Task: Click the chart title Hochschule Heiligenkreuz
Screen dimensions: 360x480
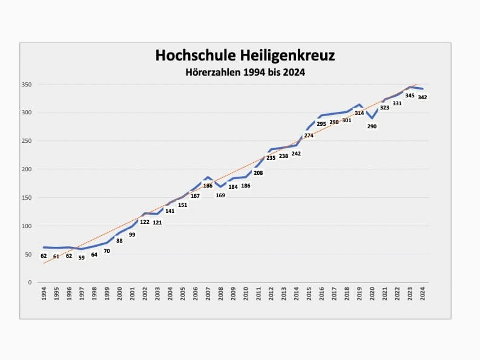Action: click(245, 56)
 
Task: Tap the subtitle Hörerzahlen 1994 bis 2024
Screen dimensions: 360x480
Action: click(245, 73)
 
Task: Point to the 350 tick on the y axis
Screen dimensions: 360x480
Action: click(27, 85)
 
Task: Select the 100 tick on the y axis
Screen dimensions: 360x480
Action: click(27, 226)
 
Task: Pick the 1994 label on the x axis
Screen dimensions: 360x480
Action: click(44, 295)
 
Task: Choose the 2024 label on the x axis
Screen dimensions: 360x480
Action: click(422, 295)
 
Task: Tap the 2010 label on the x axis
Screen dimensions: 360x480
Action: click(246, 295)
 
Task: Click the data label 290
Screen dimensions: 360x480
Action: click(372, 126)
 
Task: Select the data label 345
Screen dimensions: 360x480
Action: click(410, 96)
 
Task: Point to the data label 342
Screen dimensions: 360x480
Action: click(422, 97)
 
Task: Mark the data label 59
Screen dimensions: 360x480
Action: click(82, 258)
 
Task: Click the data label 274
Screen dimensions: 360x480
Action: click(309, 136)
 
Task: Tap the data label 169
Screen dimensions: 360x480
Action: click(220, 195)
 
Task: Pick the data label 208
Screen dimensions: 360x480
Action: click(258, 173)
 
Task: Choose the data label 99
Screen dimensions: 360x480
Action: click(132, 235)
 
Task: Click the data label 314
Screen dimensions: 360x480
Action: click(359, 113)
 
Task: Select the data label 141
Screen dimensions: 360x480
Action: click(170, 211)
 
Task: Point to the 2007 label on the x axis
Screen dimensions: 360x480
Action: click(208, 295)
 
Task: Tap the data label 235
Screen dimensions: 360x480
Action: click(271, 158)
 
